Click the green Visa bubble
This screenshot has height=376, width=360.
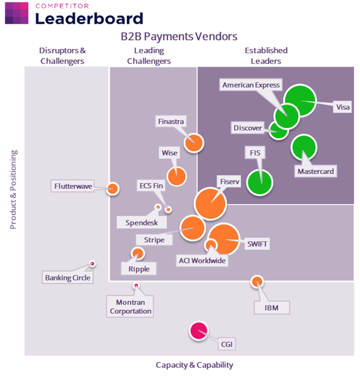[x=300, y=101]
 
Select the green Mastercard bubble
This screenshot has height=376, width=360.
[x=304, y=148]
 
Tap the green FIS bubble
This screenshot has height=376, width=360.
[x=260, y=182]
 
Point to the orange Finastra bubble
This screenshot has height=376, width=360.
[x=194, y=143]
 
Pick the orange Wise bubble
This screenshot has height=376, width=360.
[x=177, y=177]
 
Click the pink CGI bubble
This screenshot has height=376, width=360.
[x=199, y=331]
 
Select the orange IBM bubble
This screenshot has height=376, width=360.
[x=257, y=282]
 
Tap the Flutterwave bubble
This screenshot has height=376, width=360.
[x=113, y=189]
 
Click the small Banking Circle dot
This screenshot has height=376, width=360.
[x=92, y=264]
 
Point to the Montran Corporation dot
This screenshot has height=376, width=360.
[x=136, y=285]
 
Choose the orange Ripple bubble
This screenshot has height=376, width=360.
[x=137, y=254]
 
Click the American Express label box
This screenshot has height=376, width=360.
[x=251, y=84]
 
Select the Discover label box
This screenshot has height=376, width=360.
[x=247, y=128]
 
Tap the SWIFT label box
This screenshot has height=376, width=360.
[x=257, y=244]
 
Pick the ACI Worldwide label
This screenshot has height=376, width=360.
[x=202, y=260]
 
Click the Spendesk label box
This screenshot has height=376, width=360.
[x=141, y=222]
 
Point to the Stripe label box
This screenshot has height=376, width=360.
[x=154, y=239]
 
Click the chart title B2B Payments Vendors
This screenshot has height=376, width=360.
[x=179, y=37]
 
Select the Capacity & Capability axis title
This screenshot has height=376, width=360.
[x=194, y=365]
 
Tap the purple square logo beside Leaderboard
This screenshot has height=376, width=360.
[x=16, y=13]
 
